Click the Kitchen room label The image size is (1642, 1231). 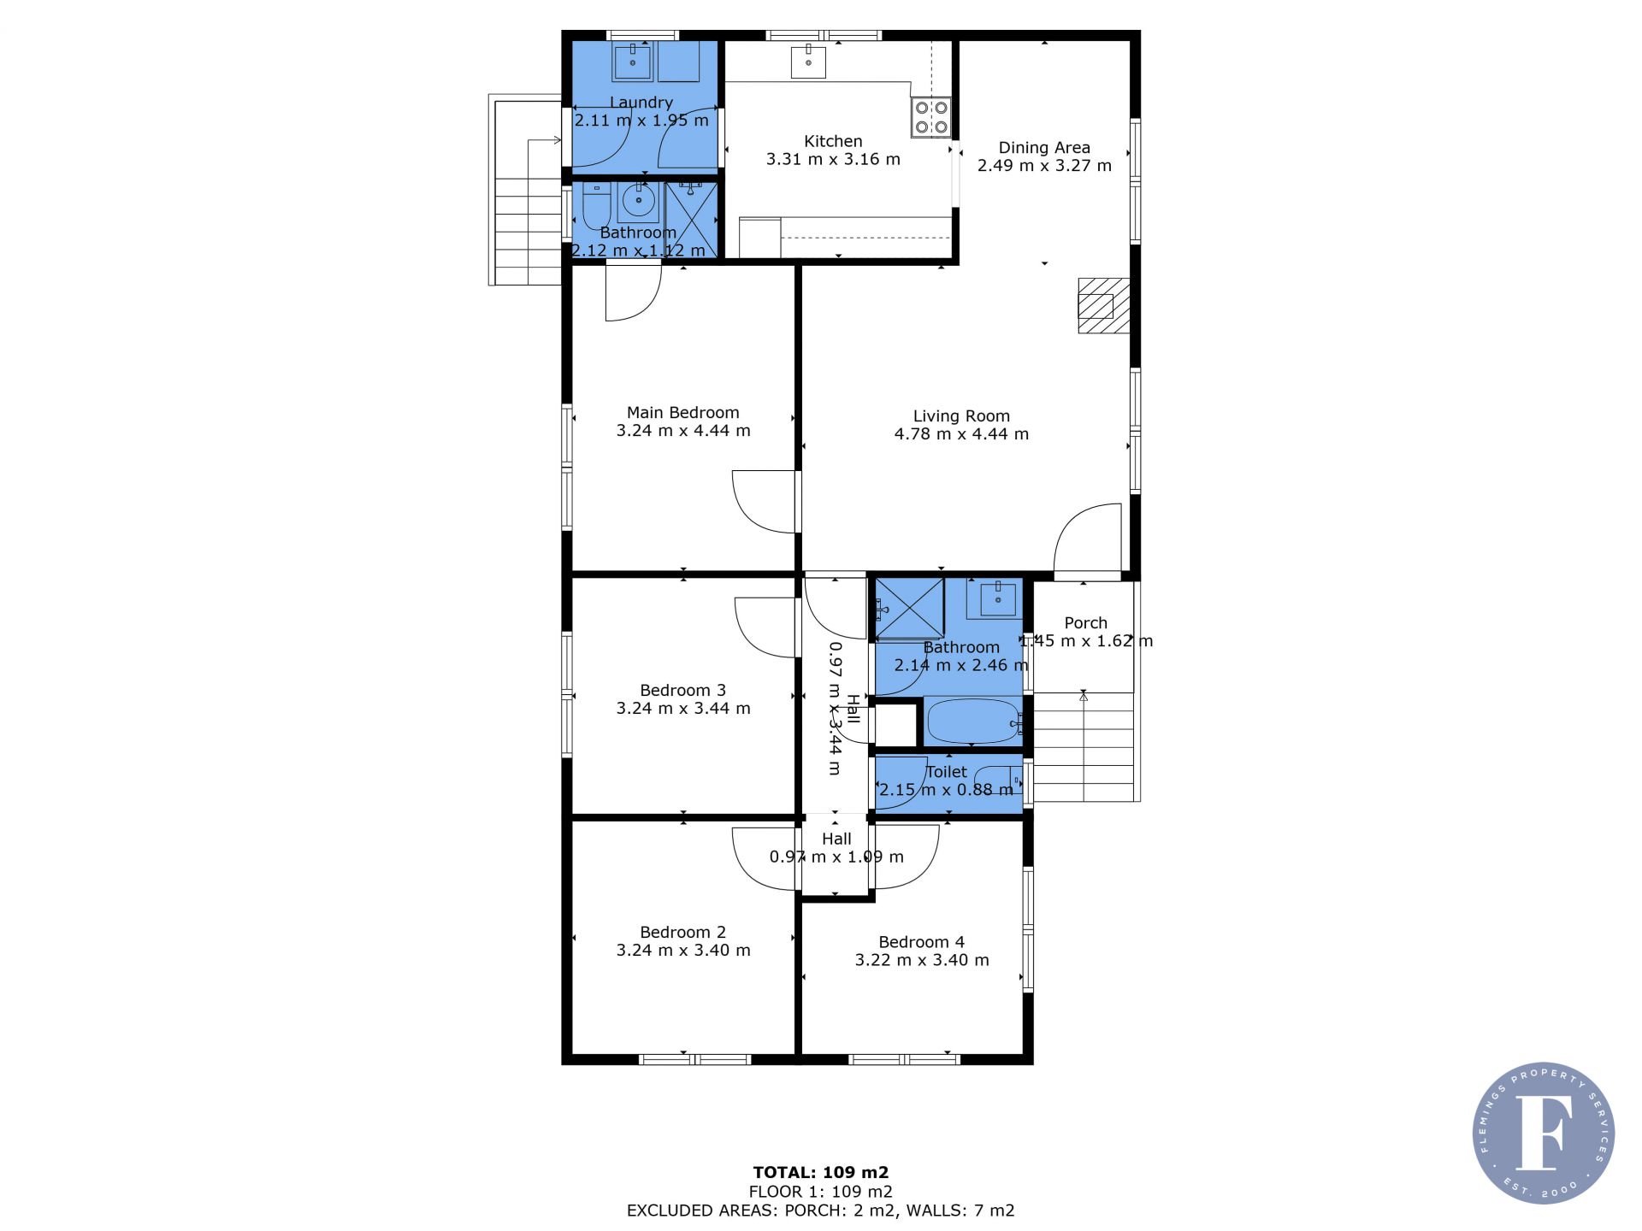point(833,141)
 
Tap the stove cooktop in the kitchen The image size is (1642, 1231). point(931,117)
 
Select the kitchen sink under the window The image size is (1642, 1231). point(808,62)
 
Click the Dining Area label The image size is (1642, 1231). point(1044,147)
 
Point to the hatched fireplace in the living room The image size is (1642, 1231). point(1104,305)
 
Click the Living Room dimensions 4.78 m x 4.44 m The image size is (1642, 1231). point(961,434)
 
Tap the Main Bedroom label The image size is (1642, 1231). point(682,412)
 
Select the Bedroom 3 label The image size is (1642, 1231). point(682,690)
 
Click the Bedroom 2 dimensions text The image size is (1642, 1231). point(683,951)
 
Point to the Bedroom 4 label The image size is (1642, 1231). point(921,942)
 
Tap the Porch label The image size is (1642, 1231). point(1085,623)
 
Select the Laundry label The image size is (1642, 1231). point(641,103)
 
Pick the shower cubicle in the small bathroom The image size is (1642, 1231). point(691,219)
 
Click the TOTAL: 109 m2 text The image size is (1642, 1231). point(821,1172)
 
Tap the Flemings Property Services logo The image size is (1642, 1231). point(1544,1134)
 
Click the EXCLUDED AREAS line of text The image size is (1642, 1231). point(821,1210)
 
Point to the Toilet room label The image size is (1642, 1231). point(947,772)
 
